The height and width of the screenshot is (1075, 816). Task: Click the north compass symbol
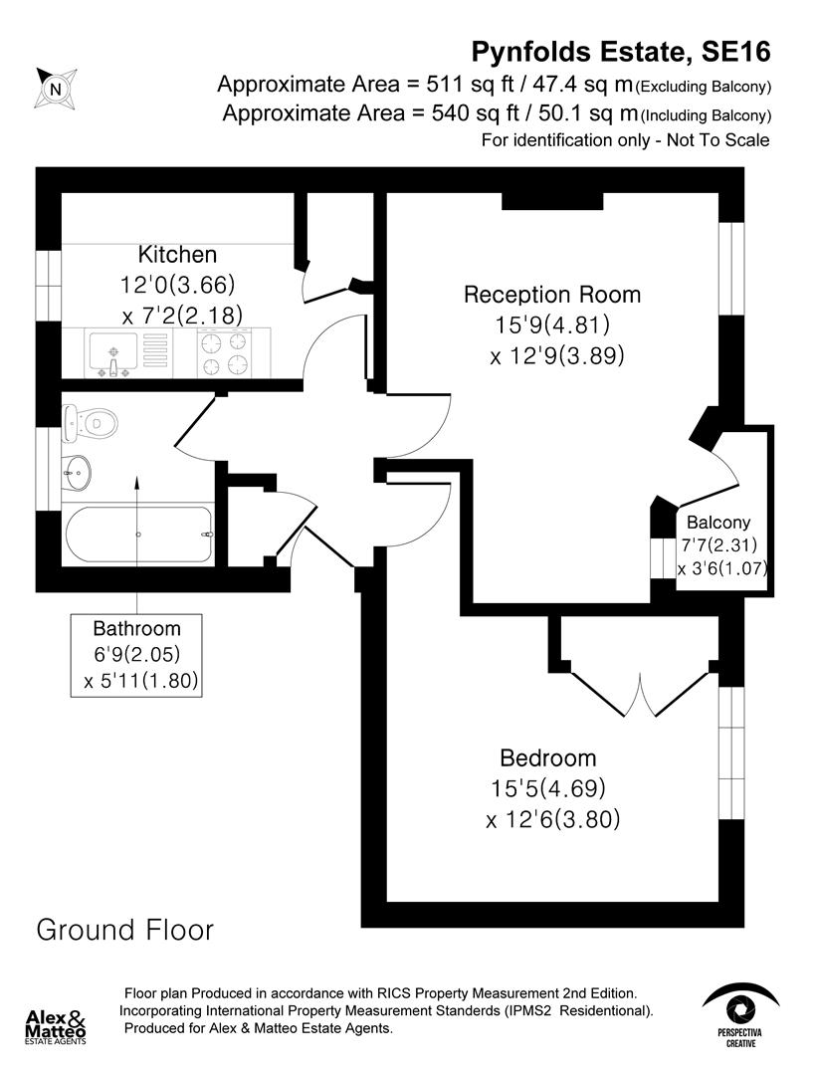(x=55, y=88)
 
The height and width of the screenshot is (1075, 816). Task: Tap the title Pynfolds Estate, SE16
(x=620, y=51)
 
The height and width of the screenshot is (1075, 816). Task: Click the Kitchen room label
(x=177, y=254)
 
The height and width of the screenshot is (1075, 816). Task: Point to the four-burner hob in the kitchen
(x=223, y=354)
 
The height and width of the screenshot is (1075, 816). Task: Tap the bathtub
(x=139, y=536)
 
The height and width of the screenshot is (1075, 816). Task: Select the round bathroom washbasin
(x=76, y=467)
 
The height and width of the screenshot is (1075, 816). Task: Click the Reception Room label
(x=552, y=295)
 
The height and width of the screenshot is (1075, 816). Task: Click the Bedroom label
(x=547, y=757)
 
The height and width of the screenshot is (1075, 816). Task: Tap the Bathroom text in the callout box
(x=137, y=628)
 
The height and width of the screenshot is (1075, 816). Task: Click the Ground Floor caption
(x=124, y=930)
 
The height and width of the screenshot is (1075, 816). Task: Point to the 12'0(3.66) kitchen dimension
(x=177, y=285)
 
